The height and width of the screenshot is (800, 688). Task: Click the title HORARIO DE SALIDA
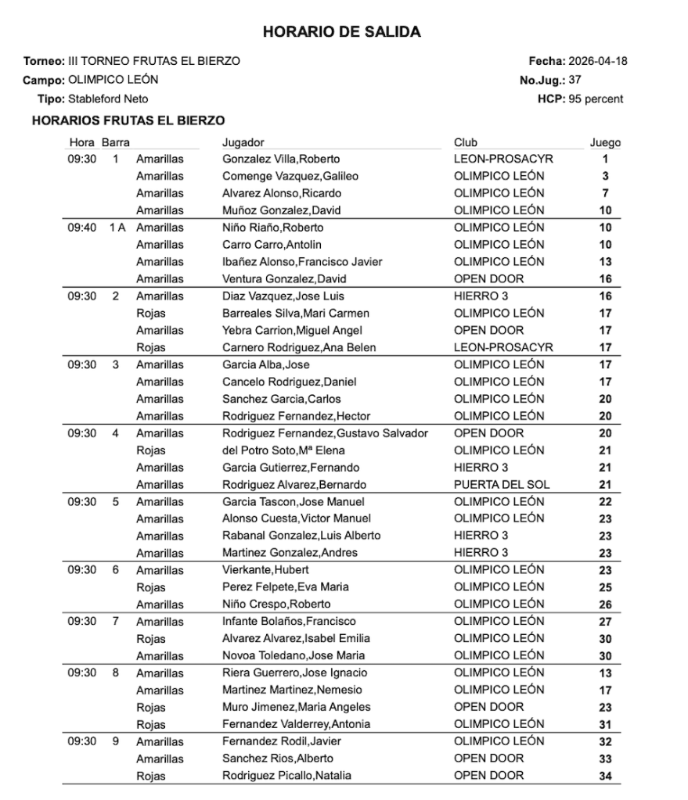coord(342,32)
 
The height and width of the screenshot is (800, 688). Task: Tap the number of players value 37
coord(574,80)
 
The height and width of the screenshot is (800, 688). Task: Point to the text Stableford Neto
coord(108,99)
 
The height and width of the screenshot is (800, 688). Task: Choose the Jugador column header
coord(243,142)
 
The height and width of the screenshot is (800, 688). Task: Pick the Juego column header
coord(605,142)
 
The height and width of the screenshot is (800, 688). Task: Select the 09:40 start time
coord(81,228)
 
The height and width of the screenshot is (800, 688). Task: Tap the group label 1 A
coord(117,228)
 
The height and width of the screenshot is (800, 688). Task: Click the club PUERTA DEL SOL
coord(502,484)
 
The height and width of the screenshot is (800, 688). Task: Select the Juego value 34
coord(605,776)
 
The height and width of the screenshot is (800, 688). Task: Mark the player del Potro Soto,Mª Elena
coord(283,450)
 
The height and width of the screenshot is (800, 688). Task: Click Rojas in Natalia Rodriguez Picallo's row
coord(150,776)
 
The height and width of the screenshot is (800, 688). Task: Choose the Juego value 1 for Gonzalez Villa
coord(605,159)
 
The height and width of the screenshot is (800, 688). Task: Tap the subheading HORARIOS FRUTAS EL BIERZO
coord(128,120)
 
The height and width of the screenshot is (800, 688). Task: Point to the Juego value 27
coord(605,622)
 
